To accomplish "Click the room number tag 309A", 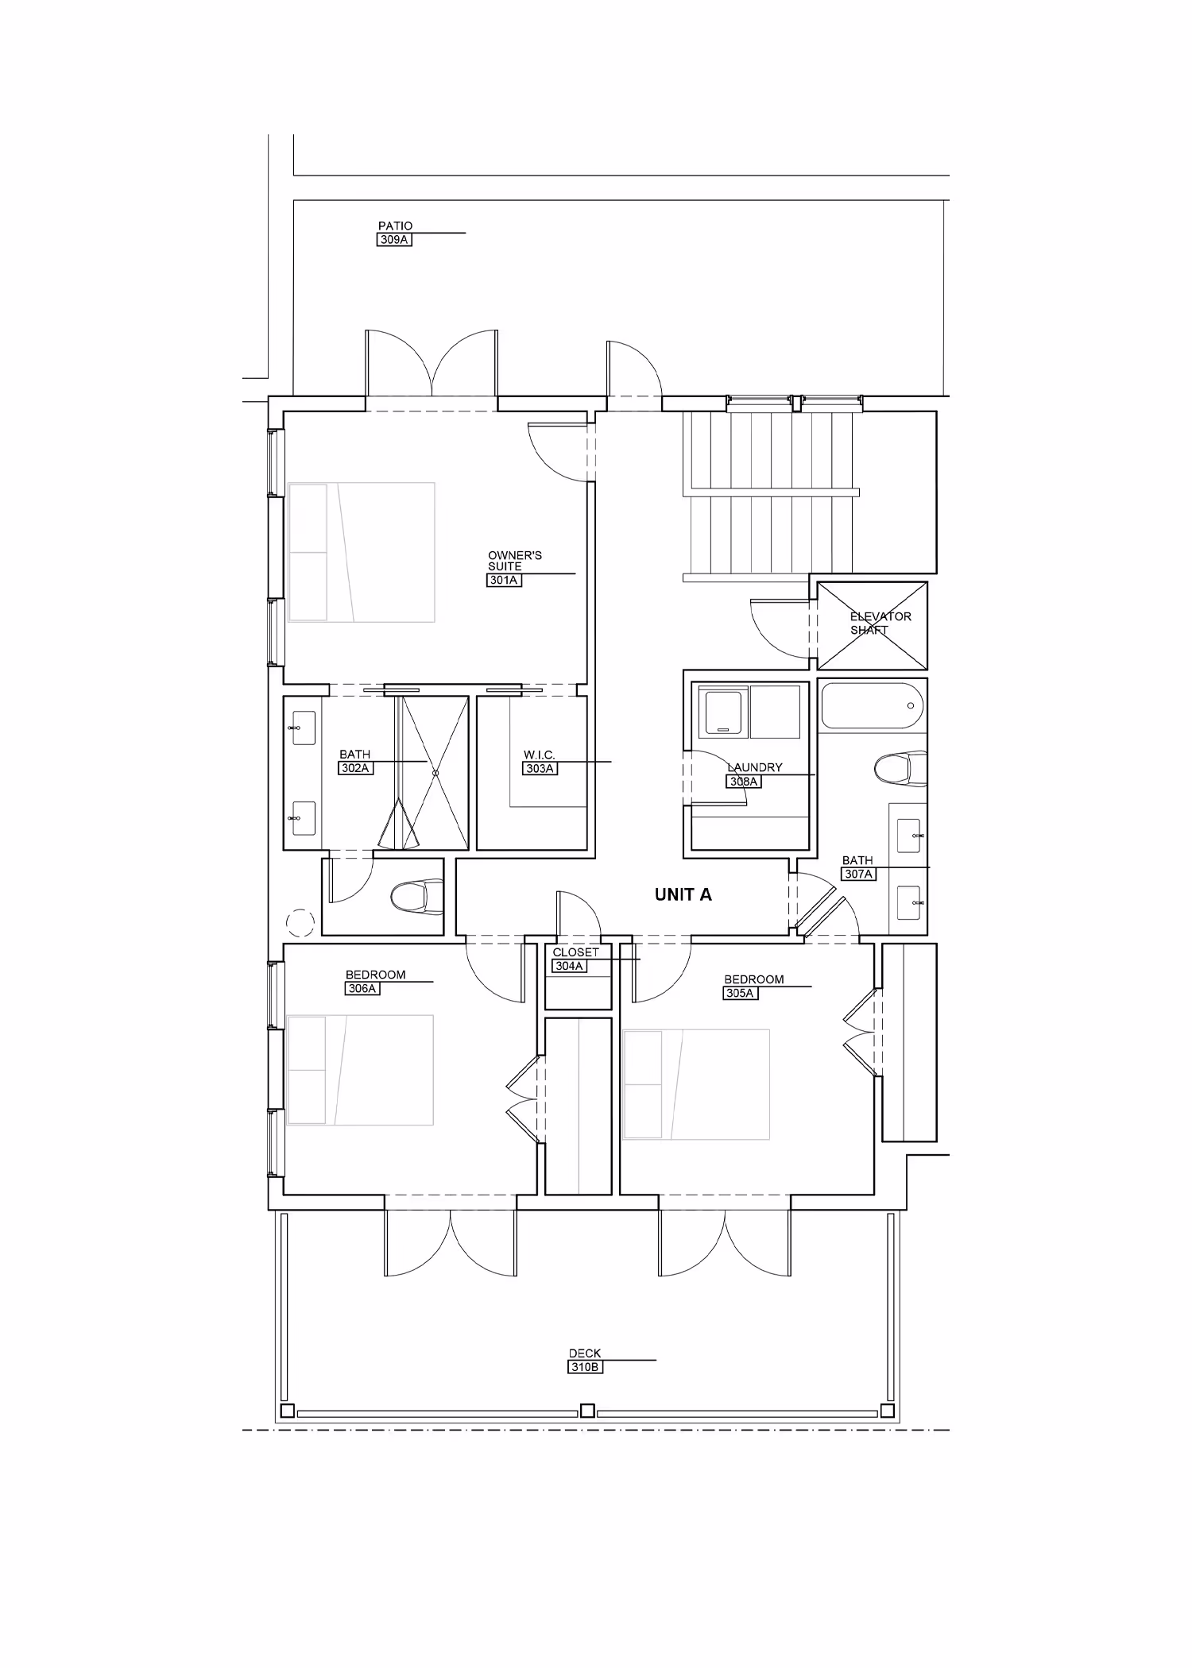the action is coord(394,239).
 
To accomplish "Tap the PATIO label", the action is coord(395,226).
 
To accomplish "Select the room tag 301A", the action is coord(504,581).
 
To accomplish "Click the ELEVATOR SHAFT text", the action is coord(880,623).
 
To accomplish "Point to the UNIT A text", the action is coord(683,894).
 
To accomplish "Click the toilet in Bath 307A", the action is coord(900,768).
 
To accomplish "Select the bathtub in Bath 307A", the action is coord(873,705).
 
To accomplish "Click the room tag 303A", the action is coord(540,768).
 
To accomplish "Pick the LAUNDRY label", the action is coord(755,767).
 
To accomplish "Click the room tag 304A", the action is coord(570,966).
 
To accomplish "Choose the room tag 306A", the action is coord(362,989).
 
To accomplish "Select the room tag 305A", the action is coord(740,993).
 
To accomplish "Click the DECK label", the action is coord(585,1353).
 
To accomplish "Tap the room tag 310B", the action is coord(585,1367).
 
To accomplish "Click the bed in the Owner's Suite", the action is coord(362,552).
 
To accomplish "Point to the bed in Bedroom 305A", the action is coord(697,1084).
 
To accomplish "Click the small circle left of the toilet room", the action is coord(300,922).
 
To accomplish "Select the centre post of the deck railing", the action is coord(587,1411).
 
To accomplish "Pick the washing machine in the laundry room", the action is coord(722,710).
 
